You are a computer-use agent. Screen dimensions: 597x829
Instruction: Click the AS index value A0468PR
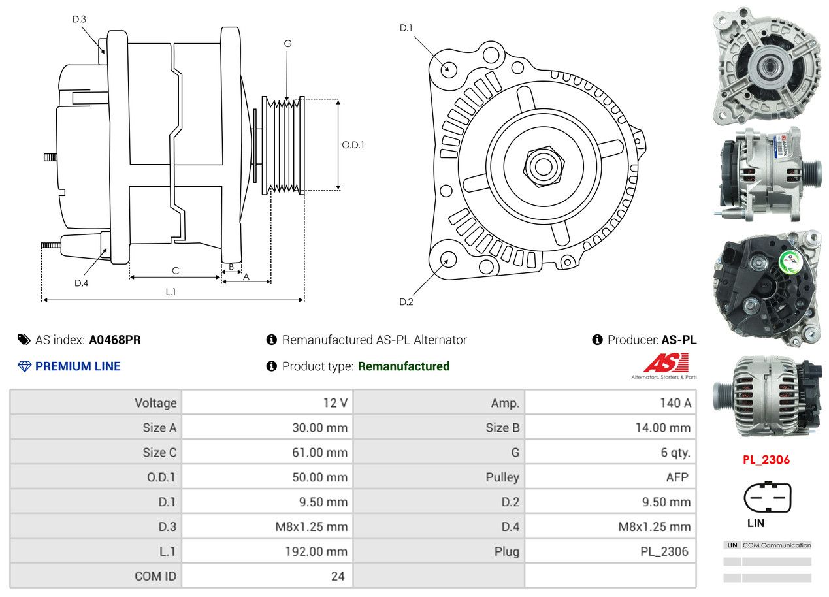tap(115, 340)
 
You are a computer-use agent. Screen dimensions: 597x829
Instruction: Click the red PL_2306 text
tap(766, 460)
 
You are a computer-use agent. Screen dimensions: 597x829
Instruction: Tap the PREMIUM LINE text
tap(78, 366)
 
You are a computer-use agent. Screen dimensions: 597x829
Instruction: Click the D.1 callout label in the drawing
tap(406, 28)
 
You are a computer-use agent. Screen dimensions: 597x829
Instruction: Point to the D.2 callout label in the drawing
tap(406, 302)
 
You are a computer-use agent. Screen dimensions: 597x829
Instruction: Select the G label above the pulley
tap(287, 44)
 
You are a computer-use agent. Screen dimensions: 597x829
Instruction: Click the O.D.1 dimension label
tap(353, 145)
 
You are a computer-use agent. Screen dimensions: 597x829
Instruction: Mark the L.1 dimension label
tap(170, 292)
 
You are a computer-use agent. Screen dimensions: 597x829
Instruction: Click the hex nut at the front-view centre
tap(542, 165)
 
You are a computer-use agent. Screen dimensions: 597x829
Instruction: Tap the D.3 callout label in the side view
tap(79, 19)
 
